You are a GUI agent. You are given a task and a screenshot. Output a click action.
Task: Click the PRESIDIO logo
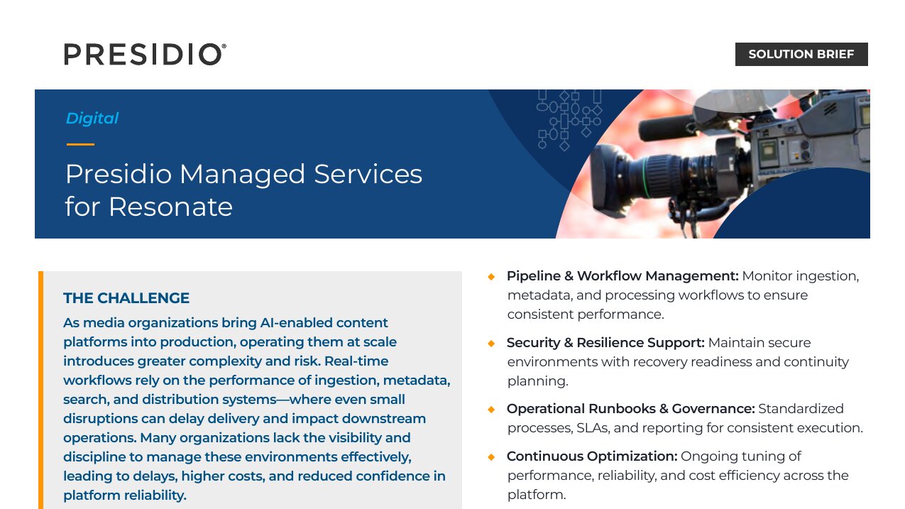tap(145, 54)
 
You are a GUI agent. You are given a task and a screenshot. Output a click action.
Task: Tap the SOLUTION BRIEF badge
tap(801, 54)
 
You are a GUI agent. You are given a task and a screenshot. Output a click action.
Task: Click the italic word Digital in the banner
tap(92, 118)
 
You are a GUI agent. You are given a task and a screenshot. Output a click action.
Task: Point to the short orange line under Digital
tap(80, 144)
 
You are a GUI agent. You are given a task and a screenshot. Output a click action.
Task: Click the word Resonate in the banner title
tap(170, 207)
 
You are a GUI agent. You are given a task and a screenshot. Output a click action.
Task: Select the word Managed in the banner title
tap(242, 174)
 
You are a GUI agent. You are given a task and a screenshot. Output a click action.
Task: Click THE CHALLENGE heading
tap(126, 298)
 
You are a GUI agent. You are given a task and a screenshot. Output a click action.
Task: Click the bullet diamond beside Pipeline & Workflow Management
tap(491, 277)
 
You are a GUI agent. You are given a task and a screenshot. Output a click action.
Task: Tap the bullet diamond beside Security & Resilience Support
tap(491, 344)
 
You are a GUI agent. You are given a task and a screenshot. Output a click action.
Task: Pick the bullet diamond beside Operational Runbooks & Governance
tap(491, 410)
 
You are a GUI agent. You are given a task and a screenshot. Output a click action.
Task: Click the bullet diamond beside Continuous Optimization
tap(491, 457)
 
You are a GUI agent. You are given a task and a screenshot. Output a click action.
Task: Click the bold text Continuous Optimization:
tap(592, 456)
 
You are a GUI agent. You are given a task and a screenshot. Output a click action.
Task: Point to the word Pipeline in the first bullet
tap(533, 276)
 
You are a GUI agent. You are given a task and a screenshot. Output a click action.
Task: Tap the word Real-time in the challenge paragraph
tap(356, 361)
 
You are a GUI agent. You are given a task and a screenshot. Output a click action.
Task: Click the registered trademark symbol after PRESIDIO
tap(224, 46)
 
